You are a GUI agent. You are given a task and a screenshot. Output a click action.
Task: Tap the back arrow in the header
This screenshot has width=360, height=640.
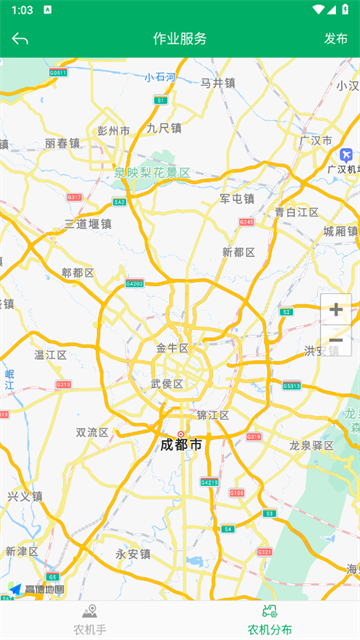click(20, 39)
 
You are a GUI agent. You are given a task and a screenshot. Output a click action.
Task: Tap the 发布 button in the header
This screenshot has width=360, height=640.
click(336, 39)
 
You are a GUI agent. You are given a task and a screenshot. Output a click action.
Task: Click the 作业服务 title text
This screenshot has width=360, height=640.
click(180, 39)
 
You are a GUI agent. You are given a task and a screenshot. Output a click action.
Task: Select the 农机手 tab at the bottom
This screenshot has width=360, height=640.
click(90, 619)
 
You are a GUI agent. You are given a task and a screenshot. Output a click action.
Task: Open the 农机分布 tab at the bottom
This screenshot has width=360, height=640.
click(270, 619)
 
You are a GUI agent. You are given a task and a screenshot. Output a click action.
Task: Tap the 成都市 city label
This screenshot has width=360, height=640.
click(181, 444)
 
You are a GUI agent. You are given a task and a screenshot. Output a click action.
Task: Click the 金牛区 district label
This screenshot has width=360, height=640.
click(172, 348)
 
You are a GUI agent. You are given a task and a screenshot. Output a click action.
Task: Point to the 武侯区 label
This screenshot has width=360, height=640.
click(167, 384)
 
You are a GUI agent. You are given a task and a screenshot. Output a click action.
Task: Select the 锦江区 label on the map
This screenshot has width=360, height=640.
click(212, 414)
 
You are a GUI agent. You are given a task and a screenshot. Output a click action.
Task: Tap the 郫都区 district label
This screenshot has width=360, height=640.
click(77, 272)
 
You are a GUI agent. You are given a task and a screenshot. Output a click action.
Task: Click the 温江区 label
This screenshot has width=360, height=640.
click(50, 354)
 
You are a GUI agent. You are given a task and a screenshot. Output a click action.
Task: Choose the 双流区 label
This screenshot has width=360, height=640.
click(92, 433)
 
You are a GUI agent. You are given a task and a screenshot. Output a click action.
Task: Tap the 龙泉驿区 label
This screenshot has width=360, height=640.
click(311, 445)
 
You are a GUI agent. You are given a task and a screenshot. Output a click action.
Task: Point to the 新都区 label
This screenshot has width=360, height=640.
click(239, 252)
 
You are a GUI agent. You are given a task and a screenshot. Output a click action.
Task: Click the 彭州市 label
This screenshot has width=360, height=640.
click(114, 131)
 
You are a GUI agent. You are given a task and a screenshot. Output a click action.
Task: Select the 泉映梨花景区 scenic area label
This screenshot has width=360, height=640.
click(152, 172)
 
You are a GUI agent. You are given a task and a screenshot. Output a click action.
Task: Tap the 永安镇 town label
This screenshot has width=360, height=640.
click(133, 553)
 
